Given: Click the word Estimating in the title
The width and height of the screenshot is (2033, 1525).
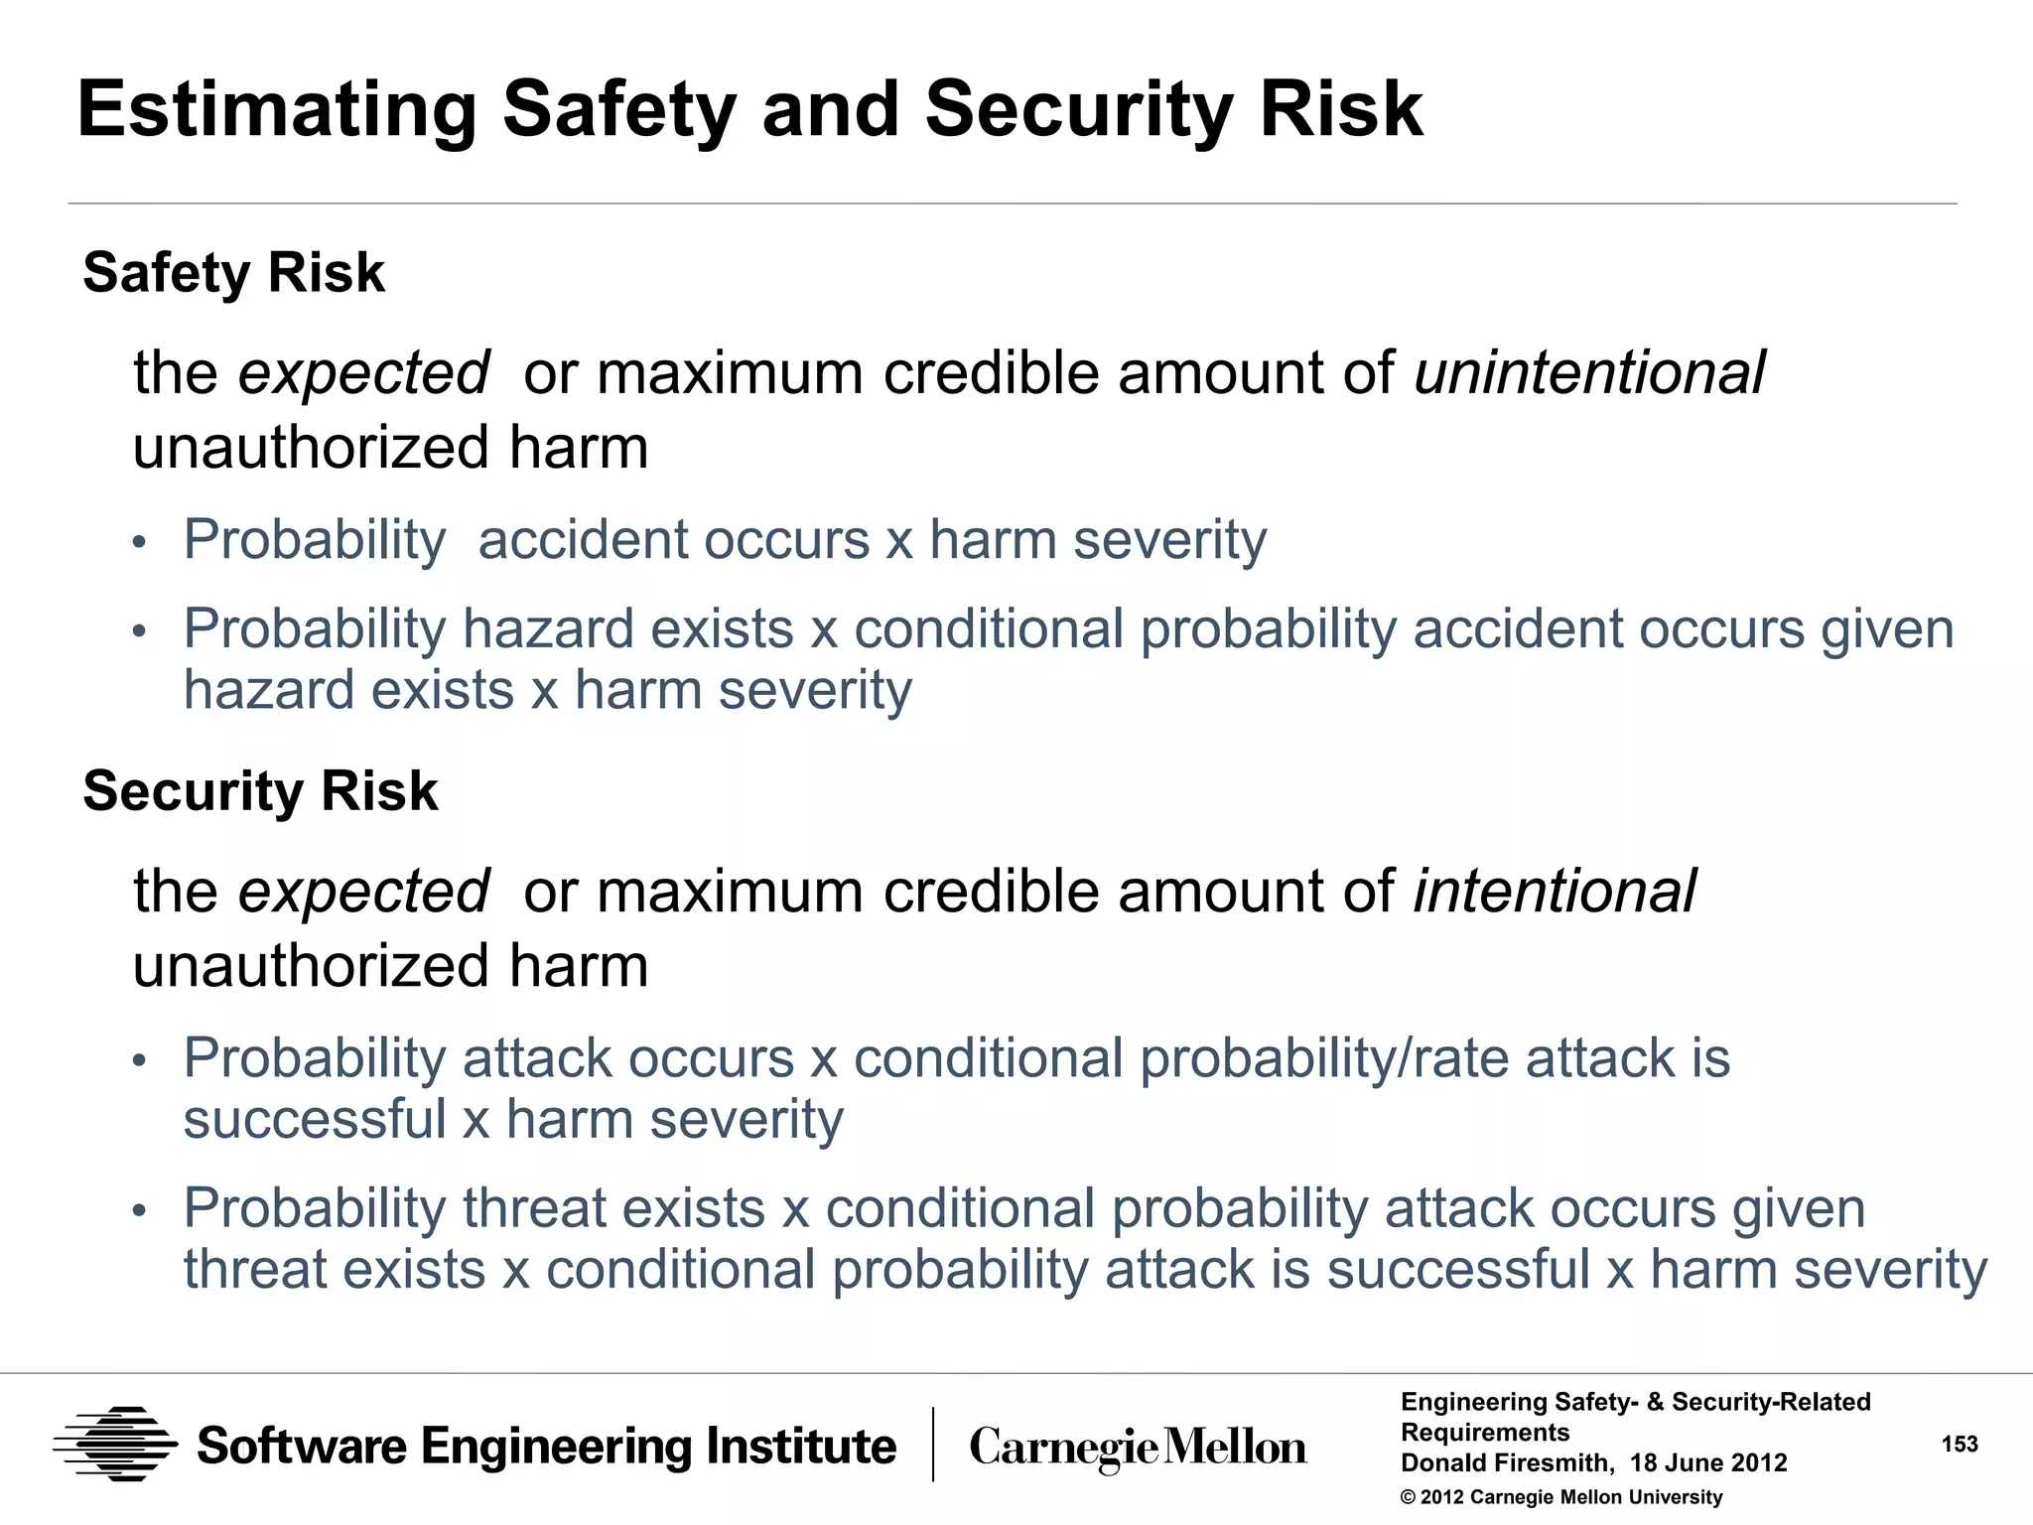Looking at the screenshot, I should pos(277,111).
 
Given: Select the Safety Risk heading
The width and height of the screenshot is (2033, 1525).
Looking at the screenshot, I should pos(233,273).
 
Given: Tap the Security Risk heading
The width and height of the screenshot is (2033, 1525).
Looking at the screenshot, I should pos(260,791).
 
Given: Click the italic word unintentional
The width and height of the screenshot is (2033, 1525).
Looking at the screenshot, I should pos(1589,372).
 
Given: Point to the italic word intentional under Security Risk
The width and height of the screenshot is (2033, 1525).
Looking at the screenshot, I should pos(1555,891).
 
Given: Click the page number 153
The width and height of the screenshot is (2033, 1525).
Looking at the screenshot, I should pos(1960,1444).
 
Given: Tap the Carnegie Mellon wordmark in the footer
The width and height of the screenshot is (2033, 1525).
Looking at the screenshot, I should pos(1138,1448).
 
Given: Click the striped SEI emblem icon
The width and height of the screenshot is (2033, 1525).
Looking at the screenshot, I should pos(115,1445).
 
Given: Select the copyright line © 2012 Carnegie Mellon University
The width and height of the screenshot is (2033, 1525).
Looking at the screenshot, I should pos(1560,1497).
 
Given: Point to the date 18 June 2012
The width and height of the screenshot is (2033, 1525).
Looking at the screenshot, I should pos(1707,1463).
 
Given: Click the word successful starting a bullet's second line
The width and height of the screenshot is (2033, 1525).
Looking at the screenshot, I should pos(315,1120).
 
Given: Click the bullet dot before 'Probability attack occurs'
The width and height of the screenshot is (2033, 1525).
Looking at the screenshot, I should pos(140,1061).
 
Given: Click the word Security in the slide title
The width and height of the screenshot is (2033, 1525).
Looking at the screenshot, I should pos(1079,111).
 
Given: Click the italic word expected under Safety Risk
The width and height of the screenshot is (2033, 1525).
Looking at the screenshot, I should pos(363,373).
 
